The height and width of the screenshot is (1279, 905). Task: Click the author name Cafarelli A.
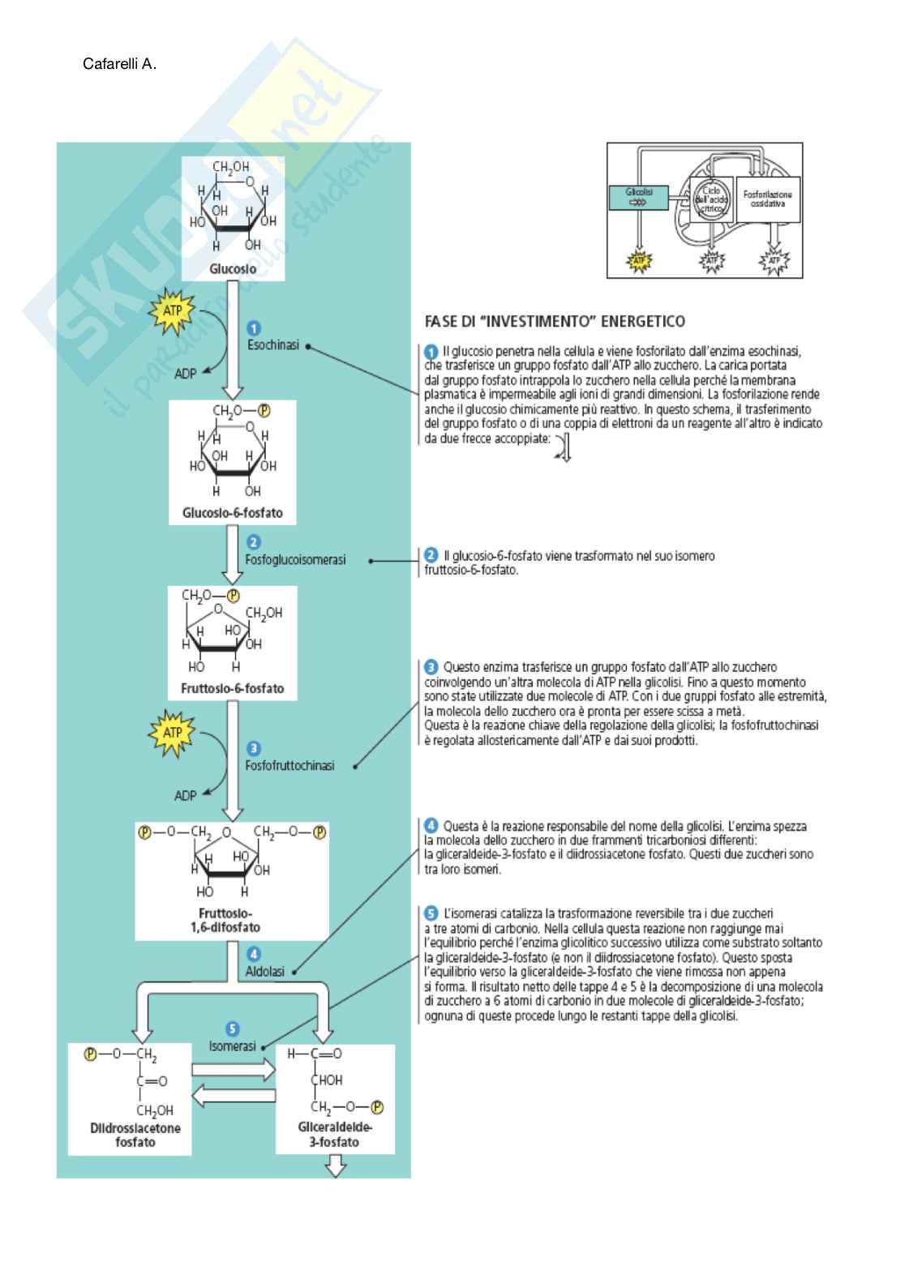pos(119,63)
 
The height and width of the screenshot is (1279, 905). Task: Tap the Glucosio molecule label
pos(233,268)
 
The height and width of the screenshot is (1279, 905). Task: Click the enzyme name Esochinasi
pos(273,344)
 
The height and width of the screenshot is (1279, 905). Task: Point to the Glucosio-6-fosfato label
pos(232,513)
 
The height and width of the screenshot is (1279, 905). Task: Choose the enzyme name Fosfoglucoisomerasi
pos(295,559)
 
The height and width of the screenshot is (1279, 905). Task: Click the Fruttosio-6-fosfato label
pos(233,688)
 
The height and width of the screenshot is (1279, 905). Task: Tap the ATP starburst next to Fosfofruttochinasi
pos(173,732)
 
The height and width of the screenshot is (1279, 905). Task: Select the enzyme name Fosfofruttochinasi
pos(290,765)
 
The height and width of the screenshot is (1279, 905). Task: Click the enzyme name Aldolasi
pos(265,971)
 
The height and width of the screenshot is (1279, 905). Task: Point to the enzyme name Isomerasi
pos(232,1046)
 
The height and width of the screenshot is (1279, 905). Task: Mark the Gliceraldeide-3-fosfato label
pos(335,1135)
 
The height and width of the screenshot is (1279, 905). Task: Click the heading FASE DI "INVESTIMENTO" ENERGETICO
pos(555,321)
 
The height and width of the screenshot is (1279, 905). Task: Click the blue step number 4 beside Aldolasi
pos(254,954)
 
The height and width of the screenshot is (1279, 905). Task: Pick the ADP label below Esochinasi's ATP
pos(186,374)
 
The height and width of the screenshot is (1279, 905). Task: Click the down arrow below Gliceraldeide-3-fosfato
pos(335,1167)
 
